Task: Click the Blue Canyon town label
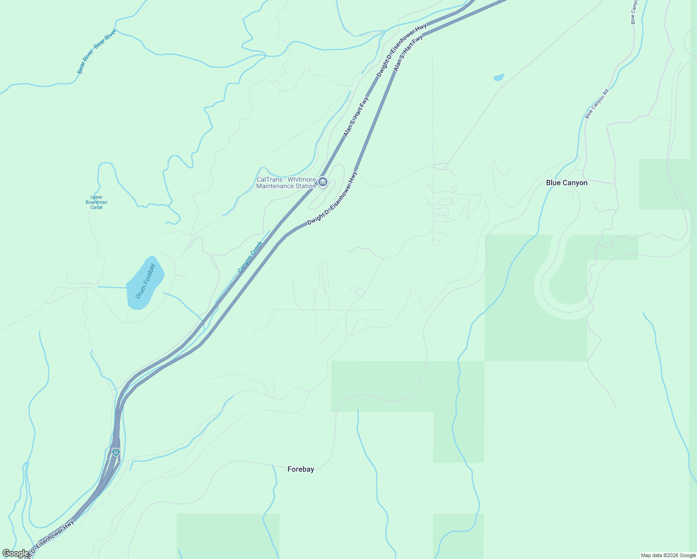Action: (567, 183)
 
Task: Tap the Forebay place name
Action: (301, 469)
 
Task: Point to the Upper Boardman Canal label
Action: (96, 202)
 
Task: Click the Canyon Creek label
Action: (250, 257)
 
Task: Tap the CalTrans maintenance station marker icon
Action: (323, 181)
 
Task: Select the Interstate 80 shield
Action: (116, 452)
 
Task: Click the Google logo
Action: (15, 553)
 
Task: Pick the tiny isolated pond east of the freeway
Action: (499, 77)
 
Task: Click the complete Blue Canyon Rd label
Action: (597, 104)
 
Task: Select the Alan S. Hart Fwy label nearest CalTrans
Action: (356, 116)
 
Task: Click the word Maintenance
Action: (277, 186)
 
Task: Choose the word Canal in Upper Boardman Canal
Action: (96, 207)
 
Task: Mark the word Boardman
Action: (96, 202)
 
